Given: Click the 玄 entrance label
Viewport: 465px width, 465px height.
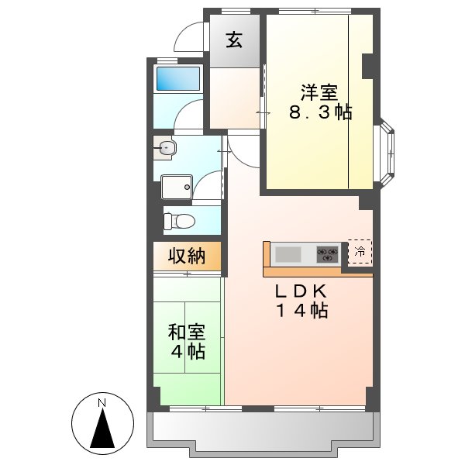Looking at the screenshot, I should coord(234,40).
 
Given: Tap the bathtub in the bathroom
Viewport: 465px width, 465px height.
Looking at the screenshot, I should coord(177,78).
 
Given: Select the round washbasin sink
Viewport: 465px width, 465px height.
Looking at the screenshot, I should coord(165,147).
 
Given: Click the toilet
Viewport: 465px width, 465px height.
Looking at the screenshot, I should coord(181,221).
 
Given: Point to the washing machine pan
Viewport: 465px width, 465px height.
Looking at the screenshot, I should coord(177,186).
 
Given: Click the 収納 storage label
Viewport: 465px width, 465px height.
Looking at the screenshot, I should coord(187,256).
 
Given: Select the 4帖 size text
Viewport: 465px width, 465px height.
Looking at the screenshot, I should coord(188,353).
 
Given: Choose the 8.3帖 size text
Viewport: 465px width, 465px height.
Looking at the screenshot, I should coord(320,113).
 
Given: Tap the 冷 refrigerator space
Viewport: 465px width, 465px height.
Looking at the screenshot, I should coord(360,251).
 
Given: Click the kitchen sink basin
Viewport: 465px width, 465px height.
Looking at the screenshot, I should coord(288,253).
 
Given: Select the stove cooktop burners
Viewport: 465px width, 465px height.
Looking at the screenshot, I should coord(326,253).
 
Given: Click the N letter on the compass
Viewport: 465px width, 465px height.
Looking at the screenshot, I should coord(101,402).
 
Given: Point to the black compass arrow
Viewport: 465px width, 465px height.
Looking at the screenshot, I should coord(101,430).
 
